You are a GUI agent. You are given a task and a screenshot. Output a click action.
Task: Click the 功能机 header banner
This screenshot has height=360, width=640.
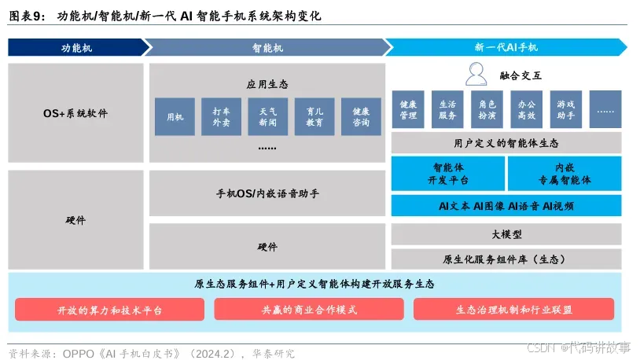pos(75,47)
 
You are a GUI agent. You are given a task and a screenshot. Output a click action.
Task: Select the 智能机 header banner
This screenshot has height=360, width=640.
pos(267,47)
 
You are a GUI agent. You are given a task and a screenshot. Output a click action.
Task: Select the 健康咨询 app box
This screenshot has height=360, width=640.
pos(361,117)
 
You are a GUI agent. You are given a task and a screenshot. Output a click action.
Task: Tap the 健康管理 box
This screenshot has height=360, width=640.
pos(408,109)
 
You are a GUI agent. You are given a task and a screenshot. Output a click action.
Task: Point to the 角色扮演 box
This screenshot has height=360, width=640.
pos(487,109)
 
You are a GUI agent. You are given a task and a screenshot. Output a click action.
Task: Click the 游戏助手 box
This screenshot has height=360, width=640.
pos(565,109)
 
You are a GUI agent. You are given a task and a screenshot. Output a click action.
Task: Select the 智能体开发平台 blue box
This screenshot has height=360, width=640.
pos(448,174)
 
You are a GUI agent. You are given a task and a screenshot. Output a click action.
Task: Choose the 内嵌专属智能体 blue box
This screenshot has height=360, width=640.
pos(565,174)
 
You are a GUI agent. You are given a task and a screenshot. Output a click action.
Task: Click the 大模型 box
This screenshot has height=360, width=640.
pos(506,234)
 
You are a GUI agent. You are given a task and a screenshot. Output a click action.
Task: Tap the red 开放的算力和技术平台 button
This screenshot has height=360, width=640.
pos(110,310)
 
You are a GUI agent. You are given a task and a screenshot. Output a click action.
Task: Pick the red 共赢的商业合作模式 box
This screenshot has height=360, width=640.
pos(309,310)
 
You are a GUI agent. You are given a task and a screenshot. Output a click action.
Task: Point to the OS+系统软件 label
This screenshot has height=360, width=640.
pos(75,113)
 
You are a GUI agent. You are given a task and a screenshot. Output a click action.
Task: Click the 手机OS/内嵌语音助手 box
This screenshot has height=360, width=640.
pos(267,193)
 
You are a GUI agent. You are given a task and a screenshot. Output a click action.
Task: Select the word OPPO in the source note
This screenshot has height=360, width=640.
pos(80,353)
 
